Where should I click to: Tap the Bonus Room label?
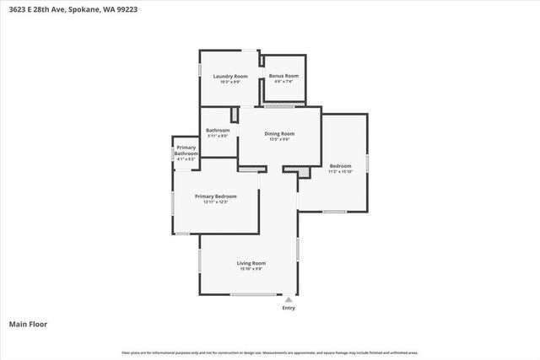[x=283, y=77]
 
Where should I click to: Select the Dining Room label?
[x=279, y=133]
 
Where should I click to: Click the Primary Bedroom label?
[x=216, y=196]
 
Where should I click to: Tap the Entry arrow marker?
[x=289, y=298]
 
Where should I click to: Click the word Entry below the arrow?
[x=289, y=308]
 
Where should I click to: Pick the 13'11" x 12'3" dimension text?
[x=216, y=202]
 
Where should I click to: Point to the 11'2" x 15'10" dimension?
[x=340, y=171]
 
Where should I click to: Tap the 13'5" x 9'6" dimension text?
[x=279, y=139]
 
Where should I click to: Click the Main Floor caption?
[x=28, y=324]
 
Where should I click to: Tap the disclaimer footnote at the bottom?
[x=270, y=352]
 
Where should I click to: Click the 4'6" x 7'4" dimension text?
[x=283, y=82]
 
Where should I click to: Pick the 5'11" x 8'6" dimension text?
[x=218, y=136]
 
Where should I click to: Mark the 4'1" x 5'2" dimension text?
[x=186, y=159]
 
